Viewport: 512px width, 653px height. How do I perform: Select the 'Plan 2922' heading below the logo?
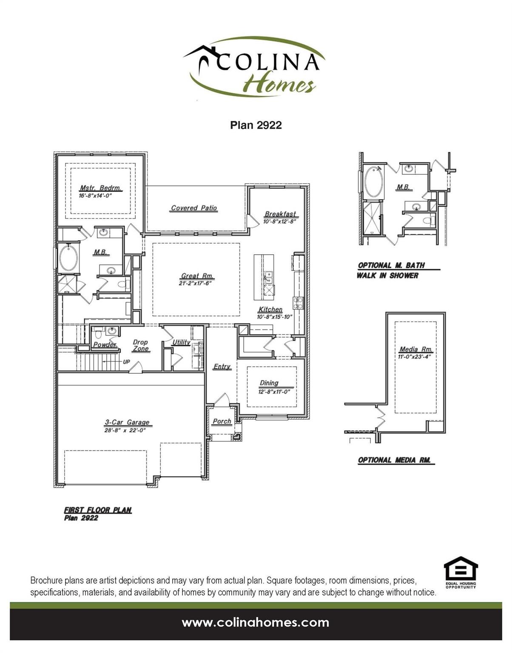pos(256,125)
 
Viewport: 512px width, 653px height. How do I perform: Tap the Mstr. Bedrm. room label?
pos(101,188)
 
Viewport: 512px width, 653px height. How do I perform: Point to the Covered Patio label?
pos(194,208)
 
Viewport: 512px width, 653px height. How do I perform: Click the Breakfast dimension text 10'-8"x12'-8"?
pos(279,221)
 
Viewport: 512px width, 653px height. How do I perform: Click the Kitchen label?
pos(270,309)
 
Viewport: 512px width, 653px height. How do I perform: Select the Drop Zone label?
pos(140,345)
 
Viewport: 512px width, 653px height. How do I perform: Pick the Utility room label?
pos(181,342)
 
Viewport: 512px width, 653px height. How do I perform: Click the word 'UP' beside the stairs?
pos(126,362)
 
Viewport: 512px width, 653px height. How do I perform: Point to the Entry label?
pos(222,366)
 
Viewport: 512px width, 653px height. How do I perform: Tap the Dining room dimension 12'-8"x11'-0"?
pos(274,392)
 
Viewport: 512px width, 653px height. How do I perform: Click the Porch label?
pos(222,421)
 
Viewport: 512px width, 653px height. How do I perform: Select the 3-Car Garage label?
pos(127,422)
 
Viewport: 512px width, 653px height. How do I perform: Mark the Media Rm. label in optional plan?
pos(415,349)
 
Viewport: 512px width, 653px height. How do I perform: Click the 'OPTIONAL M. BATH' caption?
pos(391,265)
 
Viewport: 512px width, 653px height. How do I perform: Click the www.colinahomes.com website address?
pos(256,623)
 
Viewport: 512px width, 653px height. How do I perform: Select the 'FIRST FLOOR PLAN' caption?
pos(98,510)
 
